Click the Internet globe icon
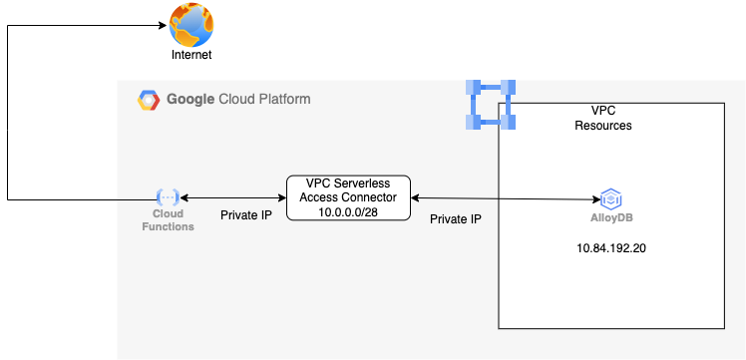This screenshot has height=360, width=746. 191,25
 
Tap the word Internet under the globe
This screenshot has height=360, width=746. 191,55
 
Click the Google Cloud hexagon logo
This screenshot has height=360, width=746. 149,100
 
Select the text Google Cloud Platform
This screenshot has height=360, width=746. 237,100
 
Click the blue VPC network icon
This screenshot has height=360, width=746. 491,105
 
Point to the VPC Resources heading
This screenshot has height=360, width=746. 603,119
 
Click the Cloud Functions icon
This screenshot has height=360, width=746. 167,197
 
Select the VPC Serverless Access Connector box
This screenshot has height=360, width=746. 348,197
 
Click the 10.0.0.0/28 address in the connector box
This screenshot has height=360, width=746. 348,210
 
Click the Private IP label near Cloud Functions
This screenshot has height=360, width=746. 246,214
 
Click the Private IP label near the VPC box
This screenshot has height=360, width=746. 456,218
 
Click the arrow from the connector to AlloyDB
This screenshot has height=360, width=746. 504,198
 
